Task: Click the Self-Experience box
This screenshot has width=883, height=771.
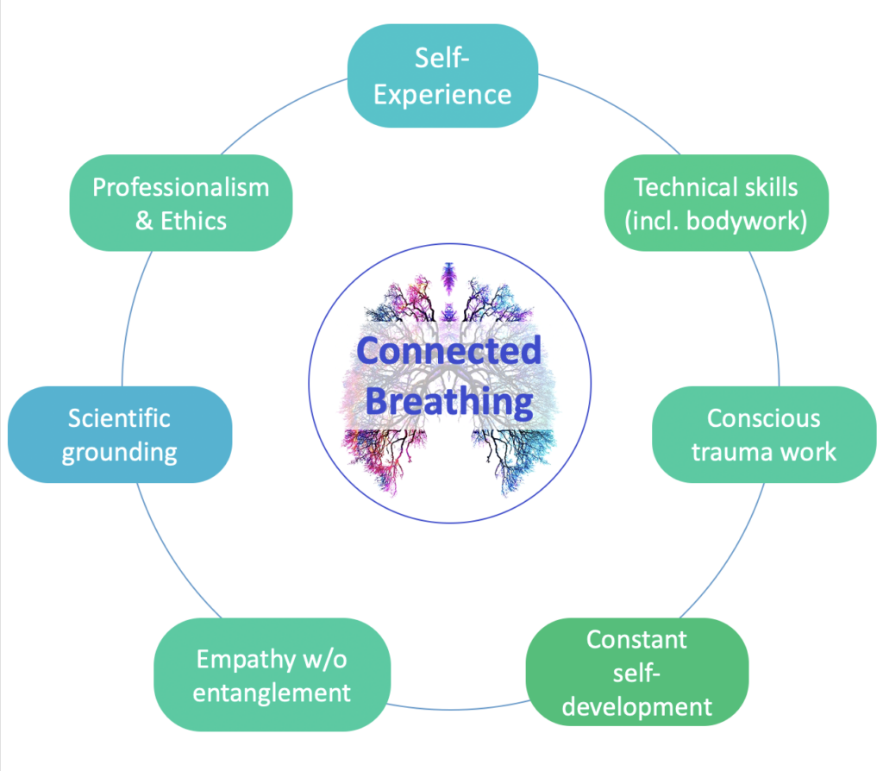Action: [x=441, y=76]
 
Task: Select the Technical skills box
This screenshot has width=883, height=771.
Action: [x=716, y=204]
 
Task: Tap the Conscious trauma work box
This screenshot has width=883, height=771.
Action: [x=763, y=434]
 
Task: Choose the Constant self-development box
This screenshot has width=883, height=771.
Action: [x=636, y=674]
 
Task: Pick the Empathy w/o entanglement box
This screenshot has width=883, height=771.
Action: [x=272, y=675]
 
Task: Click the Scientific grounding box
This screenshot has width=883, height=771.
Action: [x=119, y=435]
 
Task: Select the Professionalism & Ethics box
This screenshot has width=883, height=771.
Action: [x=180, y=204]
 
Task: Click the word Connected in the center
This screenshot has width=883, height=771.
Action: [x=449, y=350]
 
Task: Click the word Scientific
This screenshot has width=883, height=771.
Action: [x=119, y=418]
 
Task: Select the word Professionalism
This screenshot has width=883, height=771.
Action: [x=180, y=187]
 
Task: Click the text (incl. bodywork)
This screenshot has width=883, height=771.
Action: [x=716, y=221]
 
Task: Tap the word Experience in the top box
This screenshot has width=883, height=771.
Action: [x=441, y=93]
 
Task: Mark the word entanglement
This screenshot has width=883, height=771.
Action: [x=272, y=693]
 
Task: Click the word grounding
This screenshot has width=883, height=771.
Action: [x=119, y=452]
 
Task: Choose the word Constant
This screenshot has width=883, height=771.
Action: [x=636, y=640]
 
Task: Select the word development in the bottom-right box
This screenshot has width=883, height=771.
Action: [x=636, y=707]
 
